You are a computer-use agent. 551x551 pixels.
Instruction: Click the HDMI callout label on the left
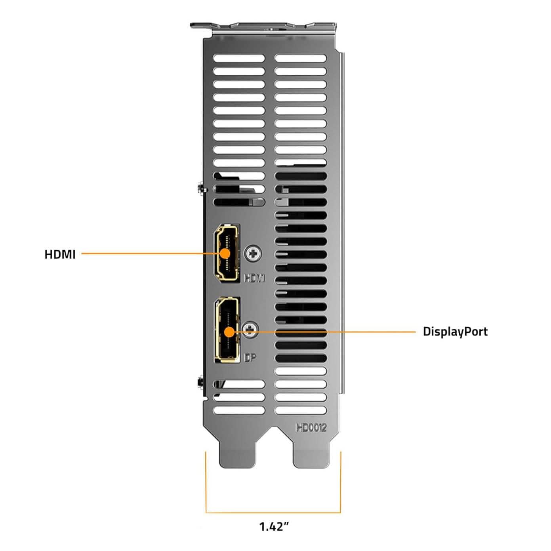point(60,254)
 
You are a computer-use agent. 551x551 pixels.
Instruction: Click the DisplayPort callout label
point(455,331)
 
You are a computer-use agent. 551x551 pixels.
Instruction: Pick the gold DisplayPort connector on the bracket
point(226,330)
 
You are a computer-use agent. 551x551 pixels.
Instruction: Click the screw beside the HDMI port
point(254,253)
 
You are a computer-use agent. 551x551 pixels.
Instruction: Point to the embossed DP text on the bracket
point(250,358)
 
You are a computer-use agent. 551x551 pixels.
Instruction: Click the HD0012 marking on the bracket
point(311,427)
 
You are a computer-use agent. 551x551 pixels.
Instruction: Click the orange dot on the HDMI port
point(225,254)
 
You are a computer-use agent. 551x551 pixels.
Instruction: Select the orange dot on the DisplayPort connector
point(229,332)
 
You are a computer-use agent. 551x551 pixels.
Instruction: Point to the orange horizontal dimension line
point(273,513)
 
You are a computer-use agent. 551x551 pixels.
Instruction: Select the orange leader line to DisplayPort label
point(337,332)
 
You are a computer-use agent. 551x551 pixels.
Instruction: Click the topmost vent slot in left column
point(238,59)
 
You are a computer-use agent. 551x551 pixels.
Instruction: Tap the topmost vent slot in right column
point(300,59)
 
